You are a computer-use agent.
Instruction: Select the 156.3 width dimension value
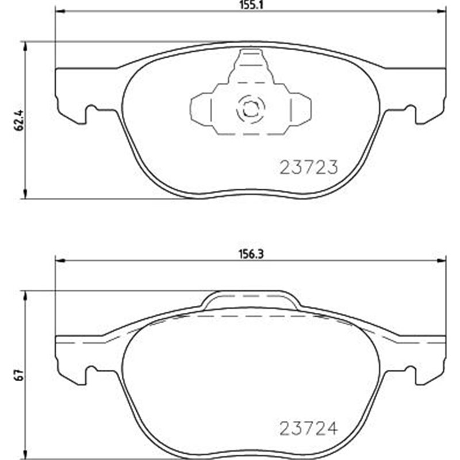pyautogui.click(x=248, y=252)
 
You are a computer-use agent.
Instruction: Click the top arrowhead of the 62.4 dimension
pyautogui.click(x=24, y=45)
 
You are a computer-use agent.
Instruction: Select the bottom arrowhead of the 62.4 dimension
pyautogui.click(x=24, y=195)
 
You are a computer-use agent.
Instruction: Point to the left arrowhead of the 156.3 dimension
pyautogui.click(x=59, y=260)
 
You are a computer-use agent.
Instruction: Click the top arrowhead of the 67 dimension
pyautogui.click(x=24, y=295)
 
